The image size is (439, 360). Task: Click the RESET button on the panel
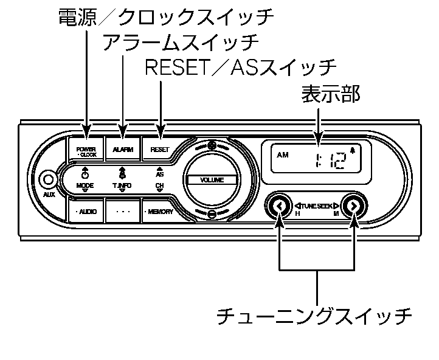pyautogui.click(x=159, y=149)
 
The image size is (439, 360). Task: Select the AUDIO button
pyautogui.click(x=86, y=212)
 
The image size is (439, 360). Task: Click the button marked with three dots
pyautogui.click(x=123, y=212)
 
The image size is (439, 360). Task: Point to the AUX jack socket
pyautogui.click(x=47, y=180)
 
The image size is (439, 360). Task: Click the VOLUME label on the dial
pyautogui.click(x=210, y=180)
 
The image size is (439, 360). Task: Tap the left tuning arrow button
pyautogui.click(x=279, y=207)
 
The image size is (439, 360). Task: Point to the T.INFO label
pyautogui.click(x=122, y=184)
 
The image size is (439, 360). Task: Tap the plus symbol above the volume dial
pyautogui.click(x=211, y=145)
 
